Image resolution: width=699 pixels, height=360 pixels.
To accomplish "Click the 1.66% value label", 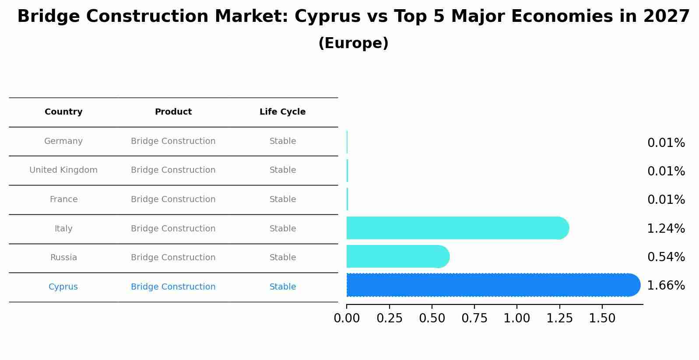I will [666, 286].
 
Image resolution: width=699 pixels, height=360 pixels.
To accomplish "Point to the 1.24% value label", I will [666, 228].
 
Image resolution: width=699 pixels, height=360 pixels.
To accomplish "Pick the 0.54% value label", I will [666, 257].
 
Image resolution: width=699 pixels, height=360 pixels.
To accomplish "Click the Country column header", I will [63, 112].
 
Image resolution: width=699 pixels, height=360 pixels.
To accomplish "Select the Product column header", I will [173, 112].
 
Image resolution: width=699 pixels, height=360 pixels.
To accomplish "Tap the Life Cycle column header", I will [282, 112].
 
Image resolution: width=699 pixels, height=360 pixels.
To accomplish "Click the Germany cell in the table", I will [63, 141].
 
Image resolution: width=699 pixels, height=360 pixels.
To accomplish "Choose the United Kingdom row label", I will [63, 170].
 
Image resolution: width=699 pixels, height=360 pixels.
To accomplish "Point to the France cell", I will [63, 199].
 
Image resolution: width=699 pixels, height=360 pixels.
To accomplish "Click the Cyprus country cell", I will [63, 287].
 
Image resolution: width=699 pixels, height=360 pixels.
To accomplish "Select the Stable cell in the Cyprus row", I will [282, 287].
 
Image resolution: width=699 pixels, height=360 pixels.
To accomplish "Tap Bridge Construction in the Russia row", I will [173, 258].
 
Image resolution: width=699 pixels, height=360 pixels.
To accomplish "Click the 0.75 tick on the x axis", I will [474, 318].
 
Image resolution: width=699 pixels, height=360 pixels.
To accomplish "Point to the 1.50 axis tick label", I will [602, 318].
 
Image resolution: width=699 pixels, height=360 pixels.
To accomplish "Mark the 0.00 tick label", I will [347, 318].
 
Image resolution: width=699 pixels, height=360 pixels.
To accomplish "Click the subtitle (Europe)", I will [353, 43].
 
